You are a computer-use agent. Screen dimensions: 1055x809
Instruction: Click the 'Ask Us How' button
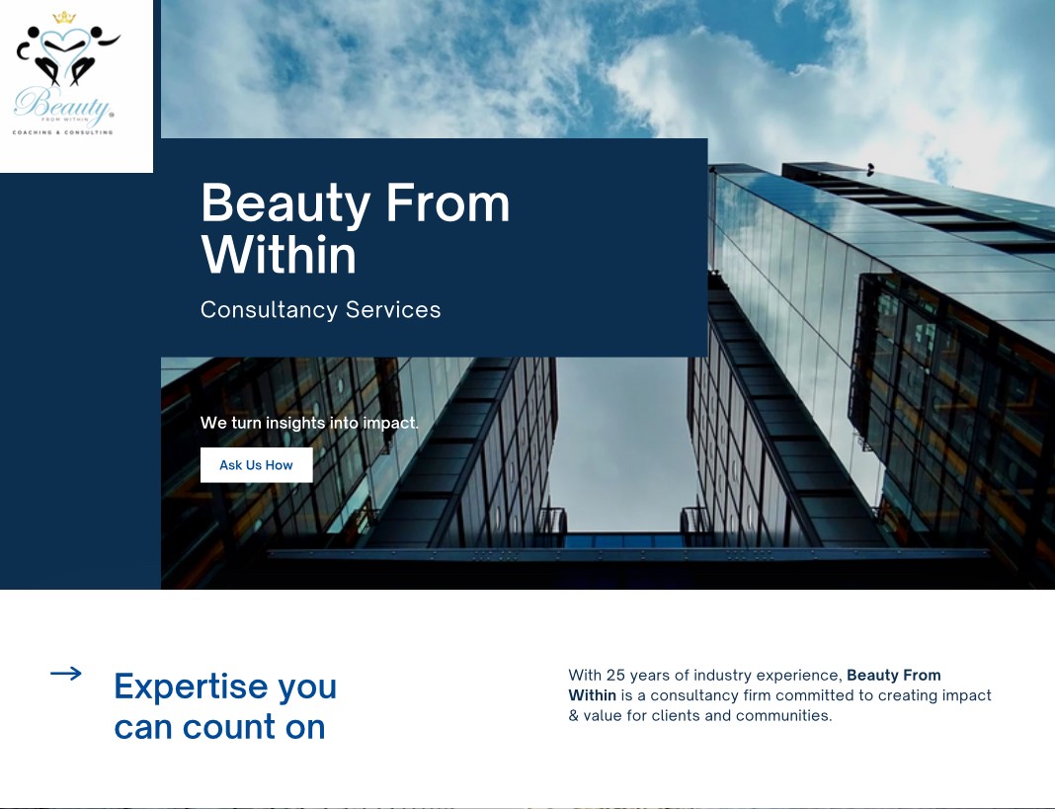(x=257, y=465)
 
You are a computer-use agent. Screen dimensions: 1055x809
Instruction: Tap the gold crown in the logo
(x=64, y=17)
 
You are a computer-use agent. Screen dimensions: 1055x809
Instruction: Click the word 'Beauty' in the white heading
(x=285, y=204)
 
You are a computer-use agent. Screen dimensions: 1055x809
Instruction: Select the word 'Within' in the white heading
(x=279, y=255)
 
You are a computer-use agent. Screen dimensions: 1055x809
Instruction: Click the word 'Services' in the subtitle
(x=393, y=309)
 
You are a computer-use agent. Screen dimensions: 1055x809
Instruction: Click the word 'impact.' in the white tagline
(x=390, y=424)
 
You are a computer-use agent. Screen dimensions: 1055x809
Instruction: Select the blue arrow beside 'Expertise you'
(x=66, y=673)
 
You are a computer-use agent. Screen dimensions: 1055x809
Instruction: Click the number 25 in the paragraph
(x=615, y=675)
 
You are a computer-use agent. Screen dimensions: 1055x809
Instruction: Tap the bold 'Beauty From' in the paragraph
(x=894, y=675)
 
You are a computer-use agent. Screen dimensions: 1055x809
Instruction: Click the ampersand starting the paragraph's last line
(x=573, y=715)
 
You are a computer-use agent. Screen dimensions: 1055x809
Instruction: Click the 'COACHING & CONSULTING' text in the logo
(x=62, y=132)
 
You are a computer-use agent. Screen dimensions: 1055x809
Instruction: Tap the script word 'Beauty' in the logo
(x=61, y=105)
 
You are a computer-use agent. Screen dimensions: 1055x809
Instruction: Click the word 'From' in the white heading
(x=448, y=202)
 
